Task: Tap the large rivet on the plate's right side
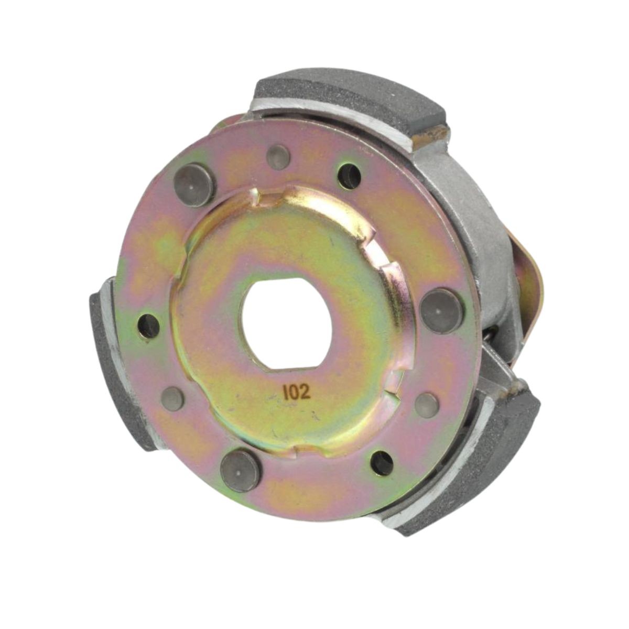(442, 310)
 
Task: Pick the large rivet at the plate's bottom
(241, 471)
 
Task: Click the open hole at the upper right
(349, 176)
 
